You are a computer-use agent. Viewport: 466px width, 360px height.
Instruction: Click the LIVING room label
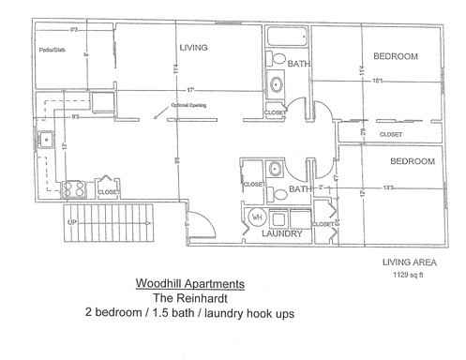point(192,46)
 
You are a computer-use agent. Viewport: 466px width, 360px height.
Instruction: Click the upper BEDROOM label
point(395,57)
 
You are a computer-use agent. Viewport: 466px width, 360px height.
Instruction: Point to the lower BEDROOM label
point(413,161)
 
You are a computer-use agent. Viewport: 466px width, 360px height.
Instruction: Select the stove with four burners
point(74,188)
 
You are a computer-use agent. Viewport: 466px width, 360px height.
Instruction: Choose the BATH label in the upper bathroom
point(298,64)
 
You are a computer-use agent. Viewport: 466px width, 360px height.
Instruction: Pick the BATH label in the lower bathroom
point(299,188)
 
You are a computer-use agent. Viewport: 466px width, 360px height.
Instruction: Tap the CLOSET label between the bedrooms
point(390,135)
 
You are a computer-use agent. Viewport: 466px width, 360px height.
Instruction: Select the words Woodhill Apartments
point(190,282)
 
